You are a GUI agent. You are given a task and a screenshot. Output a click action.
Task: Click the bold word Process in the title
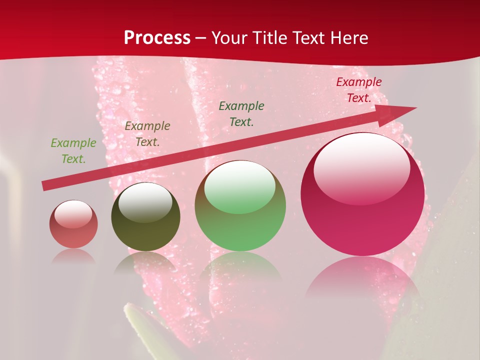(157, 38)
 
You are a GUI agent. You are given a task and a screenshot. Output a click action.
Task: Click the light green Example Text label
(73, 151)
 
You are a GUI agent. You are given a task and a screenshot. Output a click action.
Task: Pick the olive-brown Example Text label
(147, 134)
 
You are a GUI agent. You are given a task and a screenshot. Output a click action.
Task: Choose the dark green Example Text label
(241, 113)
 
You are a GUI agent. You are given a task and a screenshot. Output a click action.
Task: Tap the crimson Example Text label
(359, 90)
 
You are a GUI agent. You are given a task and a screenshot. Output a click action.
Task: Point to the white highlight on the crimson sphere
(361, 167)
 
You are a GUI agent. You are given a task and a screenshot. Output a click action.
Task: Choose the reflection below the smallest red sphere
(73, 256)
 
